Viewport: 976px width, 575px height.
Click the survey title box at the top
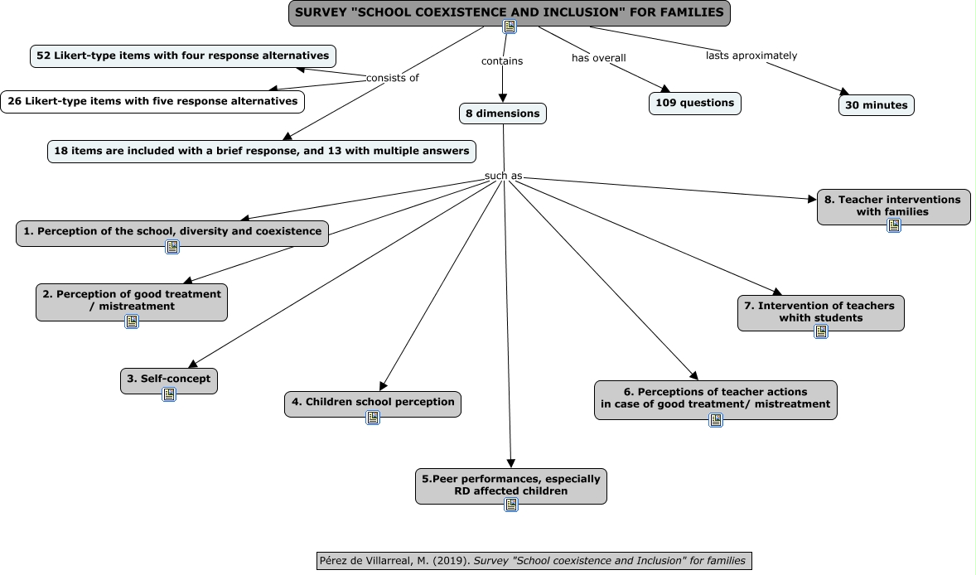[x=510, y=12]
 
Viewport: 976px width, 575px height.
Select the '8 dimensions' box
[x=503, y=114]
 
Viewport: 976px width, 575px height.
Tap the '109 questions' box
[x=694, y=104]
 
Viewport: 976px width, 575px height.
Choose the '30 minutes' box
[x=876, y=105]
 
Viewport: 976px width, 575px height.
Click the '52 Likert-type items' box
[x=183, y=56]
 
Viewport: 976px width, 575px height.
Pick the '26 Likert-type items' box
[x=152, y=102]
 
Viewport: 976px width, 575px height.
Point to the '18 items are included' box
[x=262, y=151]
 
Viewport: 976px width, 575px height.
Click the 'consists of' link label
[x=393, y=78]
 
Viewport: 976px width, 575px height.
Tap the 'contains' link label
[x=502, y=60]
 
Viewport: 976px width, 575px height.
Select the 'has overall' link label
[x=598, y=58]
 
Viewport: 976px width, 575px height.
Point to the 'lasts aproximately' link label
[x=751, y=56]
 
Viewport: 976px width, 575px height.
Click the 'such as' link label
[x=503, y=176]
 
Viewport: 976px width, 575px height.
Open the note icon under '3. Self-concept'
[x=169, y=394]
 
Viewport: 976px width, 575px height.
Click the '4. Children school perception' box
[x=372, y=403]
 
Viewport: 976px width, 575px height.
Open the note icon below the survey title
[x=510, y=27]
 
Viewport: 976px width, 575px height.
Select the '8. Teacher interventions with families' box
[x=893, y=205]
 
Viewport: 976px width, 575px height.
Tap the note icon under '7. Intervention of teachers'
[x=820, y=331]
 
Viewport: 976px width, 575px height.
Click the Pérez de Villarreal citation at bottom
[x=534, y=561]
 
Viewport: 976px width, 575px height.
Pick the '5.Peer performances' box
[x=510, y=485]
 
